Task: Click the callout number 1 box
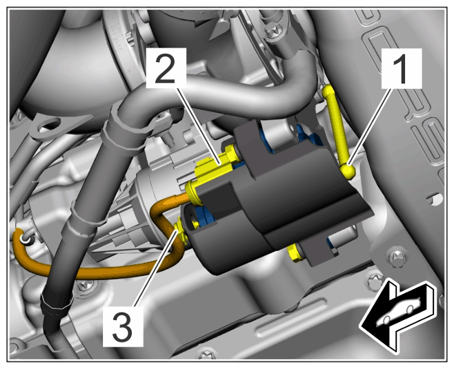(x=402, y=68)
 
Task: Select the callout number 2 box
(x=166, y=68)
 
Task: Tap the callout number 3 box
(x=123, y=327)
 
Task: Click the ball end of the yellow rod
(x=348, y=170)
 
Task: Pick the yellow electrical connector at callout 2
(x=216, y=166)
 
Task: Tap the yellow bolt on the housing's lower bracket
(x=295, y=252)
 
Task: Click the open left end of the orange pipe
(x=24, y=239)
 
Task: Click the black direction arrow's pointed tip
(x=361, y=326)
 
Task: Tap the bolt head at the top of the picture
(x=273, y=30)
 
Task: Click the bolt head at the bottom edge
(x=208, y=355)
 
